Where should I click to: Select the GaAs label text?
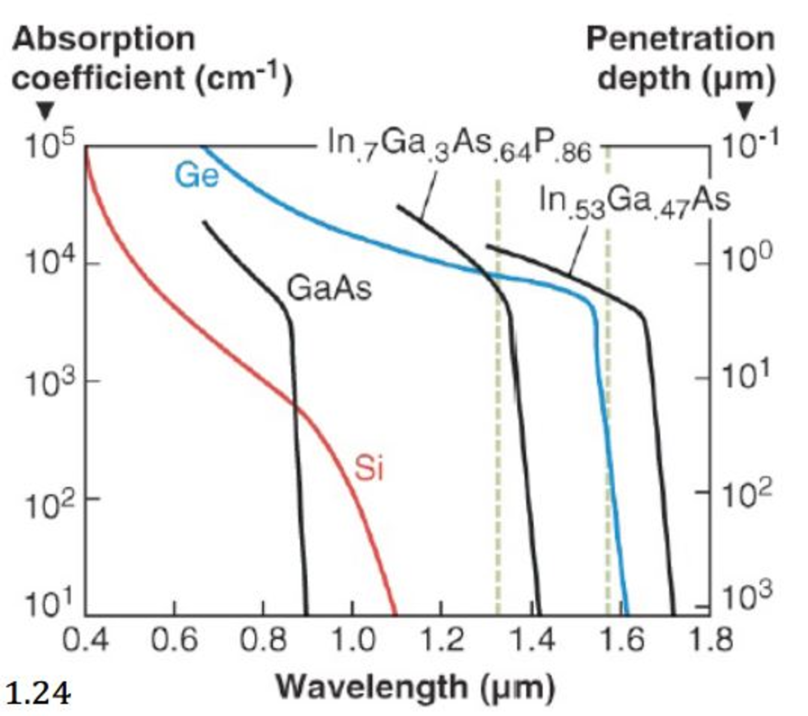[x=329, y=288]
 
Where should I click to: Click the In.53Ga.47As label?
[x=635, y=202]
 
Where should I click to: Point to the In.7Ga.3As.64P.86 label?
[x=460, y=147]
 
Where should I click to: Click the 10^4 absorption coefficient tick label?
[x=50, y=262]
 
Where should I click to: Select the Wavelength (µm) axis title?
[x=415, y=687]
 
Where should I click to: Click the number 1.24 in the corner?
[x=39, y=693]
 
